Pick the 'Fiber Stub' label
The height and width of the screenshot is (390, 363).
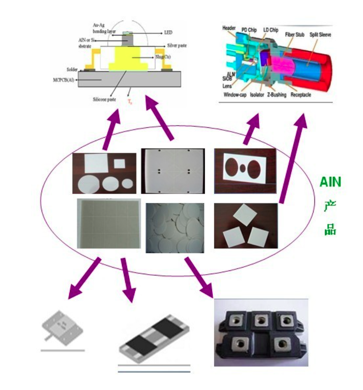(295, 35)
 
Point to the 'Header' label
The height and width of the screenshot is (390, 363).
(229, 28)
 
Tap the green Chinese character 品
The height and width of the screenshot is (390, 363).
(330, 230)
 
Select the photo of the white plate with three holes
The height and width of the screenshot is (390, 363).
(245, 171)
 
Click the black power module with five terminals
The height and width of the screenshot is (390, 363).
(261, 332)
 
